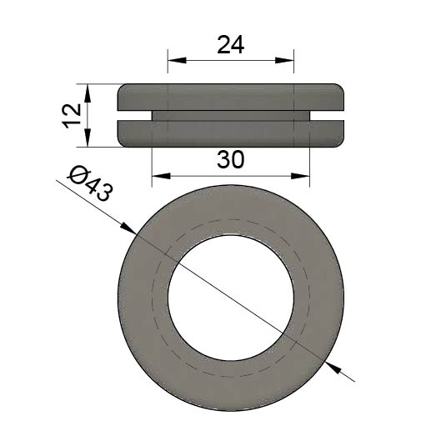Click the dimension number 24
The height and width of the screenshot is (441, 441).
pos(231,45)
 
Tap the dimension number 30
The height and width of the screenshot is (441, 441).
pos(231,159)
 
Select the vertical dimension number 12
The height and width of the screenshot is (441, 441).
pos(72,116)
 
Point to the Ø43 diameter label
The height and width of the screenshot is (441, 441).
pos(91,184)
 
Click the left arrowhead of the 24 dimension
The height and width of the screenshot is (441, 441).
pos(177,60)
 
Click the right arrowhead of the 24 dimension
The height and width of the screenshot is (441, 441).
pos(284,60)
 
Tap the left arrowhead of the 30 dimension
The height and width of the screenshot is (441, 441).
pos(161,176)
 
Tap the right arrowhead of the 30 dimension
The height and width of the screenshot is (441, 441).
pos(300,176)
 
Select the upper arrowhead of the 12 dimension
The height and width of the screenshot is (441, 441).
pos(88,93)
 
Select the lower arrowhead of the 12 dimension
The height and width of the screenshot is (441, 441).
pos(88,138)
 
